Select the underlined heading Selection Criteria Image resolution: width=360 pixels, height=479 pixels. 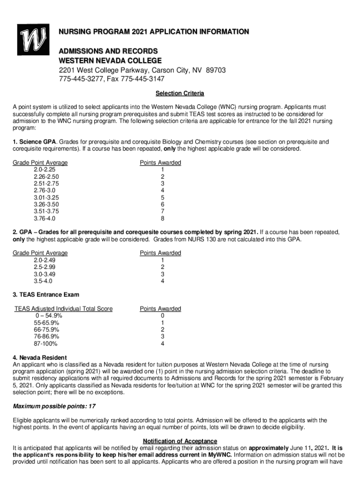click(180, 94)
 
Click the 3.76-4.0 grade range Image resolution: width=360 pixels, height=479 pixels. click(44, 218)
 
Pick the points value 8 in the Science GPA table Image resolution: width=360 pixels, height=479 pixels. click(162, 218)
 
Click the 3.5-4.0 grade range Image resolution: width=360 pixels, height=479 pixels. click(43, 281)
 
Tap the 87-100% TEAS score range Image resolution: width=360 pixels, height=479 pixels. click(46, 344)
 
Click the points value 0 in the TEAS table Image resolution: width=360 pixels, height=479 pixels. click(162, 316)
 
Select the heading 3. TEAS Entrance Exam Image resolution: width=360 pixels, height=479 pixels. click(39, 295)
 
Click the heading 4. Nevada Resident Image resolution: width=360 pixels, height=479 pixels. click(40, 358)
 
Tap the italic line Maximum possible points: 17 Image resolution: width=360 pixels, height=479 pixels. click(54, 406)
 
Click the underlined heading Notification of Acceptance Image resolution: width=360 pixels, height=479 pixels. click(180, 441)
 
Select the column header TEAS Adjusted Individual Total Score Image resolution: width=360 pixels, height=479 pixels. click(64, 309)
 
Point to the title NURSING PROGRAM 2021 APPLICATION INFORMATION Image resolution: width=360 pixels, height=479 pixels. click(154, 32)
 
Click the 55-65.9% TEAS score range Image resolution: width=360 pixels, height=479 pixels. click(46, 323)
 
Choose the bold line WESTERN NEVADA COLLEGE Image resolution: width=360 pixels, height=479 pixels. click(110, 61)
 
